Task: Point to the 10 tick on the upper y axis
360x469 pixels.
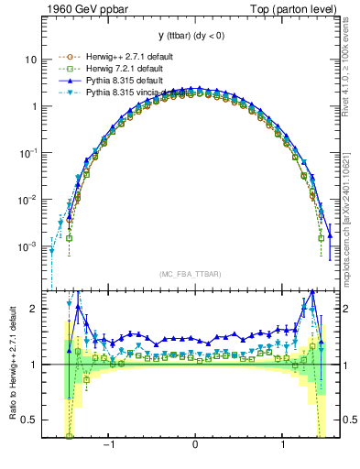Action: click(x=31, y=60)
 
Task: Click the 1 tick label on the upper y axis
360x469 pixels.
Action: click(x=34, y=106)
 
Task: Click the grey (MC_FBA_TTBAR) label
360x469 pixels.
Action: click(x=195, y=272)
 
